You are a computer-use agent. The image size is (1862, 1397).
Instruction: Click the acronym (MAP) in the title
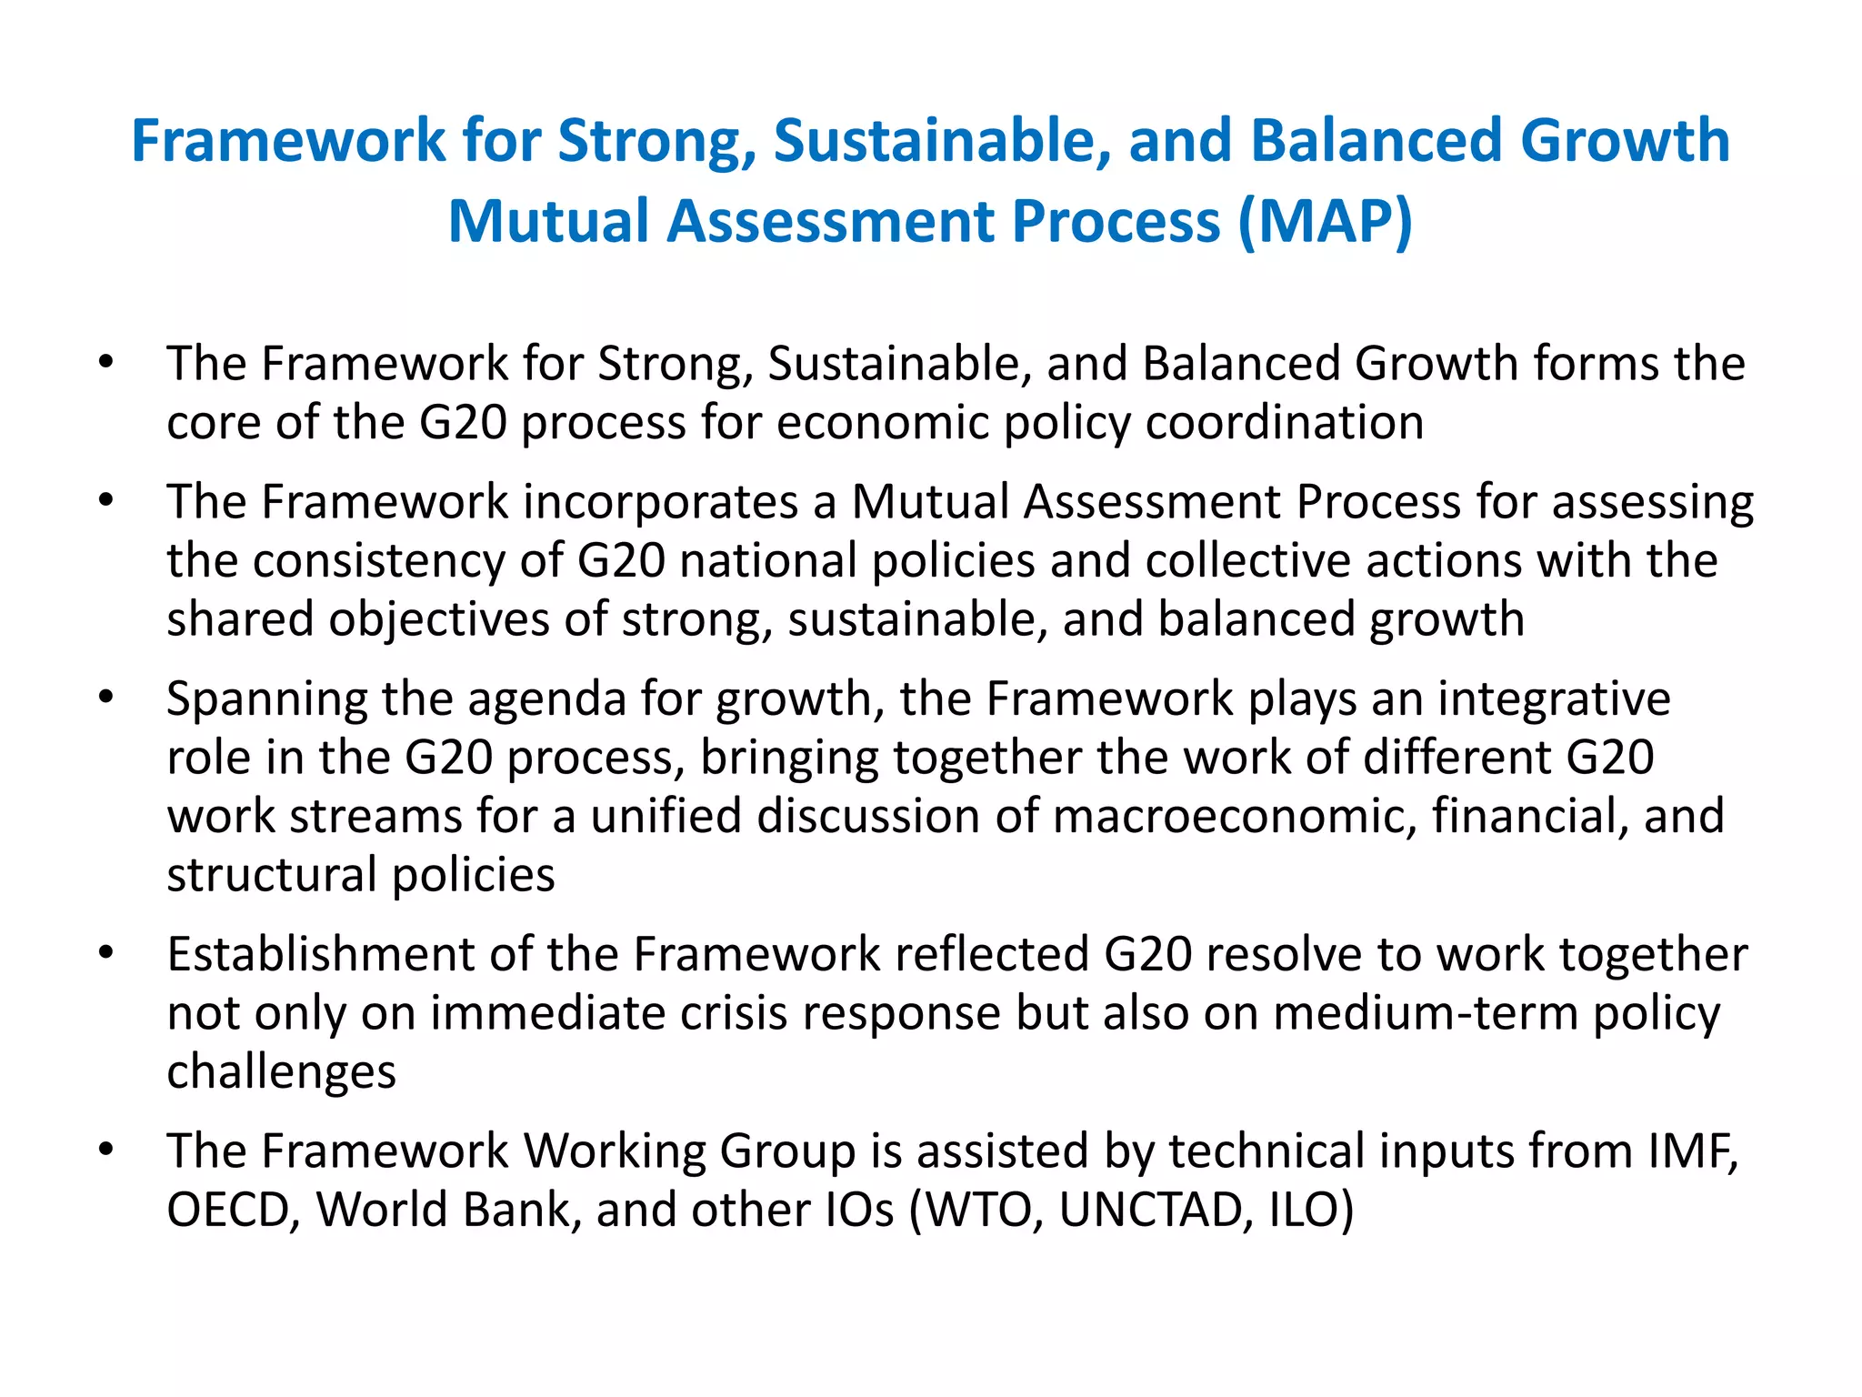coord(1325,221)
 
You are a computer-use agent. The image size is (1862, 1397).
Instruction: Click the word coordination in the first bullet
coord(1284,423)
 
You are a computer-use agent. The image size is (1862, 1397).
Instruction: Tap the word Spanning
coord(265,700)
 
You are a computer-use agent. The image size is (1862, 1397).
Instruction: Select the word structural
coord(272,875)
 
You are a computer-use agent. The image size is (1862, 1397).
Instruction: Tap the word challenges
coord(281,1072)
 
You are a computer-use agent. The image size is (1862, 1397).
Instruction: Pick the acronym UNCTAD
coord(1149,1211)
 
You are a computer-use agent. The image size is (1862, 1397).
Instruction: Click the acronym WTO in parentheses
coord(984,1211)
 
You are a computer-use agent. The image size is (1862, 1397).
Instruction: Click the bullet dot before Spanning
coord(106,698)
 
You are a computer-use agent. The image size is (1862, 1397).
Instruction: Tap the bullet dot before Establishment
coord(106,952)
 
